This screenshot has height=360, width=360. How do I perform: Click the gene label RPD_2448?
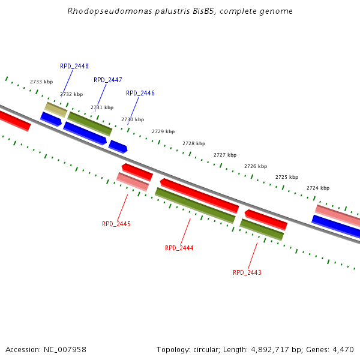pyautogui.click(x=74, y=66)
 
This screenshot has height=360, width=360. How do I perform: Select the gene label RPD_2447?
pyautogui.click(x=108, y=80)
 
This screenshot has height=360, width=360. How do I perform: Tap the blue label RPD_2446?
pyautogui.click(x=140, y=93)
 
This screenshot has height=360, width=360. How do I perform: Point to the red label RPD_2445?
pyautogui.click(x=116, y=224)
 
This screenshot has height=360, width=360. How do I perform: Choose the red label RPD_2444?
pyautogui.click(x=179, y=248)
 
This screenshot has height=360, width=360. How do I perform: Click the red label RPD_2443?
pyautogui.click(x=247, y=272)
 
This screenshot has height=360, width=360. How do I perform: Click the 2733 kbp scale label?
pyautogui.click(x=41, y=82)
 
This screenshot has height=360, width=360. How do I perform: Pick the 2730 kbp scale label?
pyautogui.click(x=133, y=119)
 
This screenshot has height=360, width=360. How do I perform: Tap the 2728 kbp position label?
pyautogui.click(x=194, y=143)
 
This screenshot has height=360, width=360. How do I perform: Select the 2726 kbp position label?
pyautogui.click(x=256, y=166)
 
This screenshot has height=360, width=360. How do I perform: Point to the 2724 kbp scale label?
pyautogui.click(x=318, y=188)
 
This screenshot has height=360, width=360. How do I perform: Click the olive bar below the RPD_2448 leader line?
pyautogui.click(x=56, y=109)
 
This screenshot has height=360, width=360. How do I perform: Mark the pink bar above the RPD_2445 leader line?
pyautogui.click(x=133, y=182)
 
